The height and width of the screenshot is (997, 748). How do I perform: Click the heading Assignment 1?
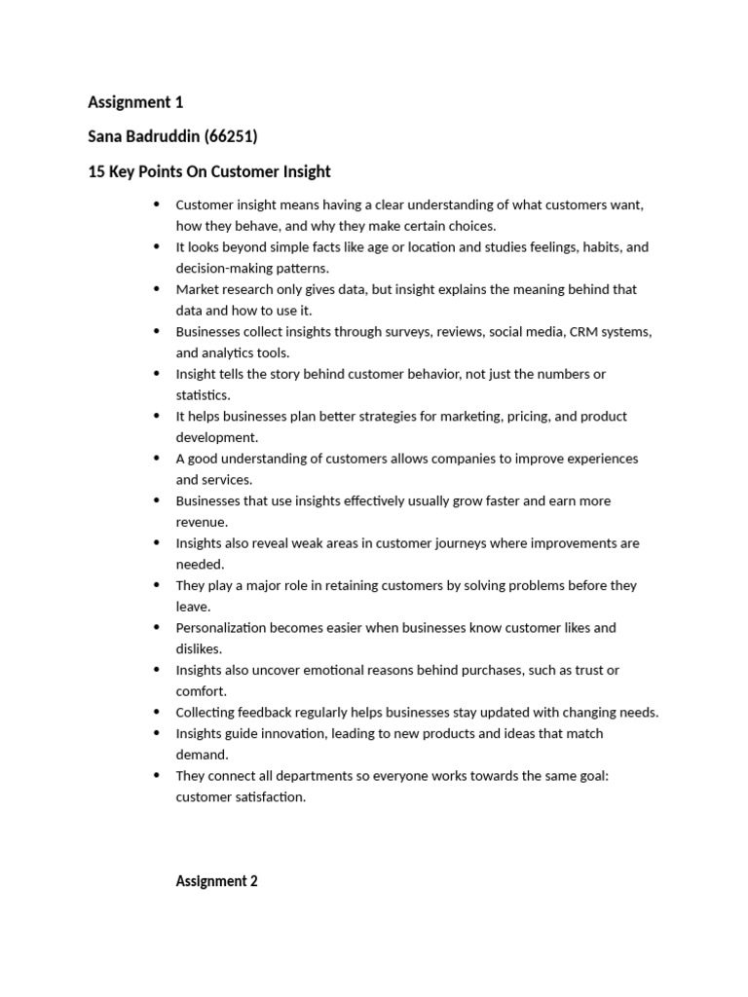pyautogui.click(x=135, y=102)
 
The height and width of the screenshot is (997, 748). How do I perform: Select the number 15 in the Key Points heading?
pyautogui.click(x=95, y=171)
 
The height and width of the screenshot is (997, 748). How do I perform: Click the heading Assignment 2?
pyautogui.click(x=216, y=881)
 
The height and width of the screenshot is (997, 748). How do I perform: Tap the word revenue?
pyautogui.click(x=202, y=522)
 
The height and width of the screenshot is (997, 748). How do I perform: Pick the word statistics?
pyautogui.click(x=203, y=395)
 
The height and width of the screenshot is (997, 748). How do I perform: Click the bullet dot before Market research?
pyautogui.click(x=156, y=289)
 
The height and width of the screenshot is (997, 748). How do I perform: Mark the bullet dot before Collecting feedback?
pyautogui.click(x=156, y=712)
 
